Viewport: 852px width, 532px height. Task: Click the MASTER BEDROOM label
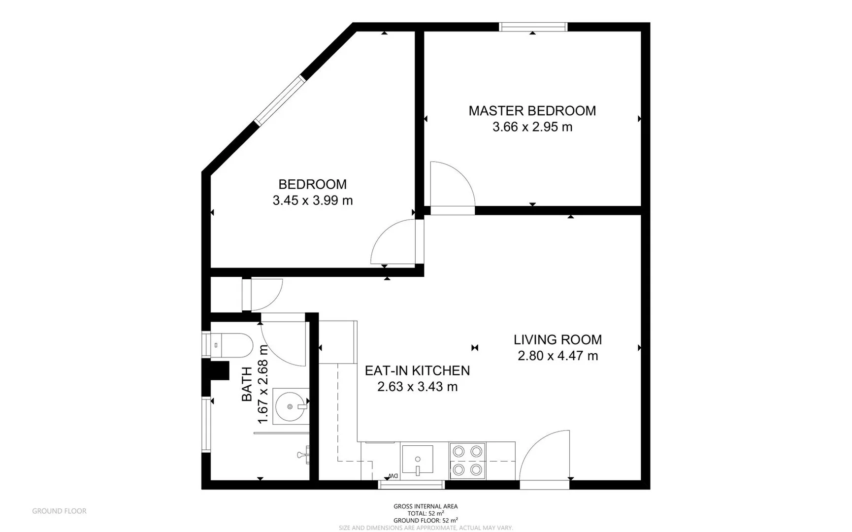[x=532, y=110]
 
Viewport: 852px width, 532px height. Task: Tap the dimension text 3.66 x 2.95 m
[x=532, y=127]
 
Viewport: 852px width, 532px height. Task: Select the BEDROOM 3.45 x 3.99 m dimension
[x=313, y=200]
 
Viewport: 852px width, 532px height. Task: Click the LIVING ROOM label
[x=557, y=339]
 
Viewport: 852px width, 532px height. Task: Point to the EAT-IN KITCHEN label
[x=417, y=370]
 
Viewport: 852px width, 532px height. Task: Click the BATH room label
[x=247, y=384]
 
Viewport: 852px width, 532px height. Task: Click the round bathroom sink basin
[x=291, y=406]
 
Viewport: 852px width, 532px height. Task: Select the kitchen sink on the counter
[x=418, y=459]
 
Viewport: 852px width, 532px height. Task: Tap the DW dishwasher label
[x=393, y=475]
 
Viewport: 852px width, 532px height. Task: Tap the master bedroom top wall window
[x=533, y=27]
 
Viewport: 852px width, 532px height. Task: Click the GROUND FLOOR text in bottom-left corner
[x=59, y=511]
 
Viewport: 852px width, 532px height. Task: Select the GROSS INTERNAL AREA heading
[x=426, y=506]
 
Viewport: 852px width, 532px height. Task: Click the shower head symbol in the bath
[x=303, y=454]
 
